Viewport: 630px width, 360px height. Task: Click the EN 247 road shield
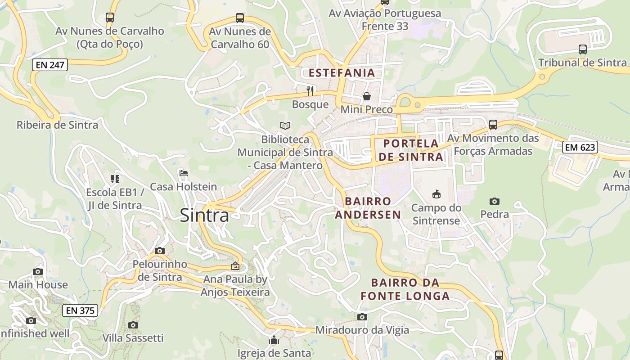pyautogui.click(x=50, y=65)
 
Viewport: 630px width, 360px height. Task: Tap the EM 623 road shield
pyautogui.click(x=580, y=147)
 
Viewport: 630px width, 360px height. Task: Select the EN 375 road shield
pyautogui.click(x=80, y=310)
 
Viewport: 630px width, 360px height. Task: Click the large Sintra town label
pyautogui.click(x=204, y=216)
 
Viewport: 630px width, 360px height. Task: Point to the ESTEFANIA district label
pyautogui.click(x=342, y=73)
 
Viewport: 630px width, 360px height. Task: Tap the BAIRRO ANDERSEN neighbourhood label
pyautogui.click(x=368, y=208)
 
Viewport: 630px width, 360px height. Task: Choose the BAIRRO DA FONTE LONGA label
pyautogui.click(x=405, y=289)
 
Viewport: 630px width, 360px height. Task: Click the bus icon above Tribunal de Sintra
pyautogui.click(x=582, y=49)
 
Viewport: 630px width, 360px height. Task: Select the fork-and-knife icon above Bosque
pyautogui.click(x=310, y=91)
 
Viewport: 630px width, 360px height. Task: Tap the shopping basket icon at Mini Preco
pyautogui.click(x=367, y=96)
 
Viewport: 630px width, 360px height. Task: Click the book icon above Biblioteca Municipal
pyautogui.click(x=285, y=126)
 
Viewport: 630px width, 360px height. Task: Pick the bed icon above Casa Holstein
pyautogui.click(x=183, y=173)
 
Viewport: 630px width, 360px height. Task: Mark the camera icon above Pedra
pyautogui.click(x=495, y=201)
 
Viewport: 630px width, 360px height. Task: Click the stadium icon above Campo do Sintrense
pyautogui.click(x=436, y=194)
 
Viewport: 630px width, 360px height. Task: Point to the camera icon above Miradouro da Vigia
pyautogui.click(x=362, y=317)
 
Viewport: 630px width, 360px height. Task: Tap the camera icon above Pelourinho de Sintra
pyautogui.click(x=160, y=251)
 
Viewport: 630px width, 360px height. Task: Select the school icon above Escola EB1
pyautogui.click(x=115, y=179)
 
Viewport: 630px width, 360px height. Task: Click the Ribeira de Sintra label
pyautogui.click(x=57, y=125)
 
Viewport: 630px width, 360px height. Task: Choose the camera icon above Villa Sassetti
pyautogui.click(x=133, y=325)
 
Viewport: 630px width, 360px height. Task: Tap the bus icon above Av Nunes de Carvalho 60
pyautogui.click(x=240, y=18)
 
